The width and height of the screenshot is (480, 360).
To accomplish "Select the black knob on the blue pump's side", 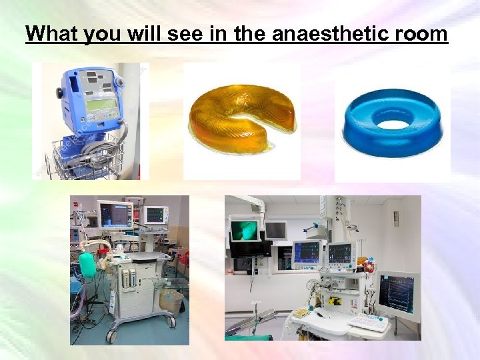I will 59,94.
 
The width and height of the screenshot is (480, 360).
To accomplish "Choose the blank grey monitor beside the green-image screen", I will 275,230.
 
